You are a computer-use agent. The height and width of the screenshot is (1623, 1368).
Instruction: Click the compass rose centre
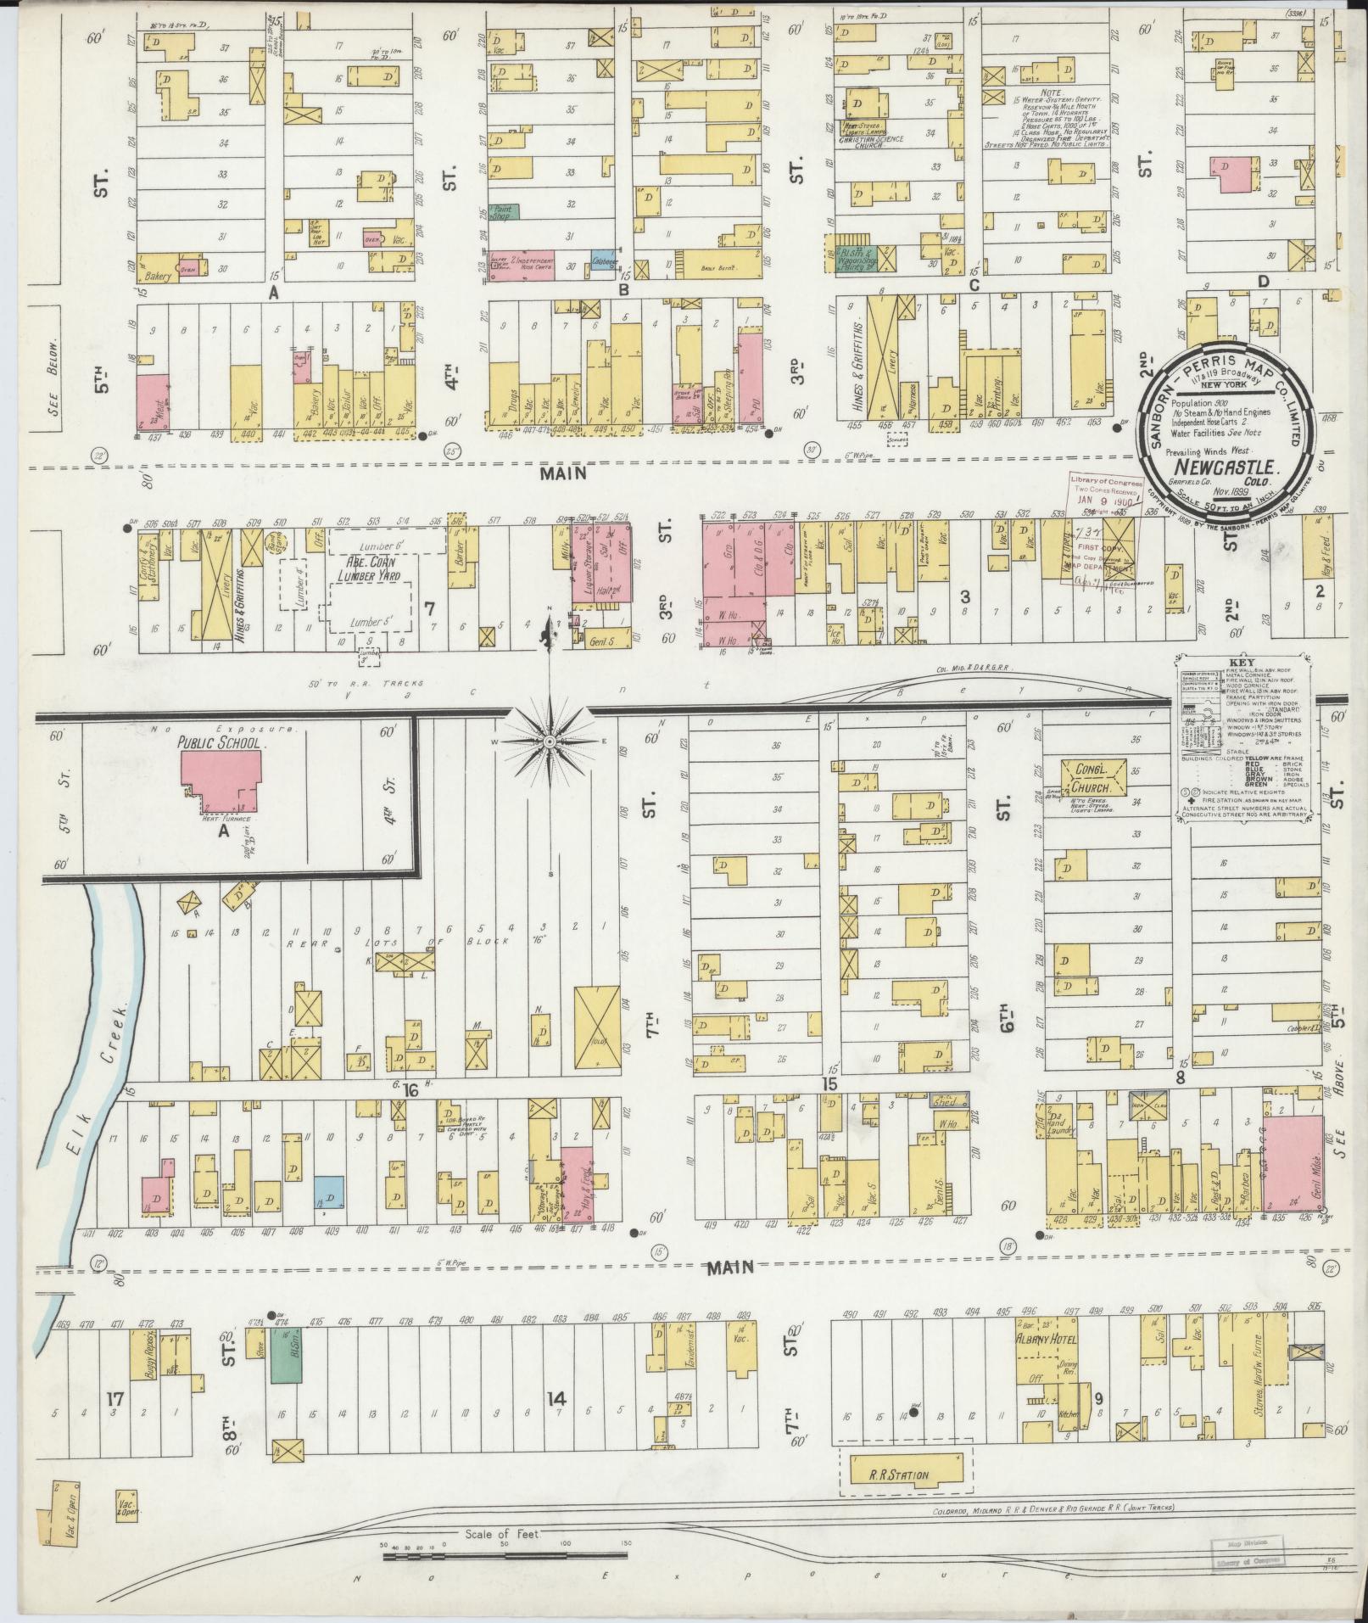pos(549,742)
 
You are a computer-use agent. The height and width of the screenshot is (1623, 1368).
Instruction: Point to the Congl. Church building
pos(1096,779)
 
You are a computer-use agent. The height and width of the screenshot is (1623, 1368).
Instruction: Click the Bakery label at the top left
pos(159,276)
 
